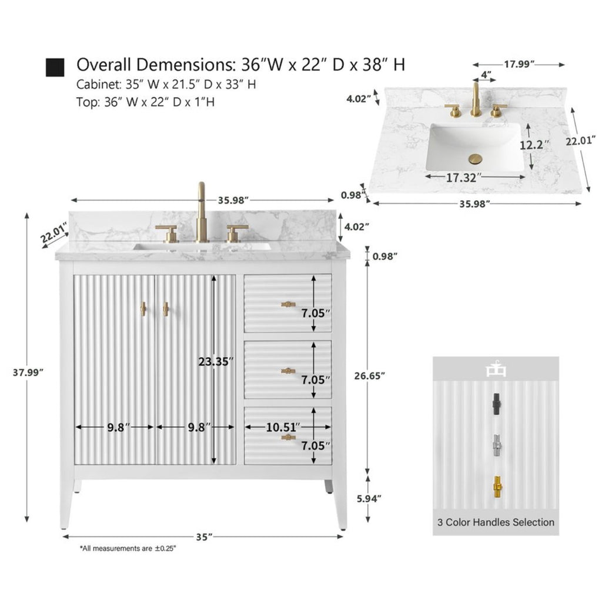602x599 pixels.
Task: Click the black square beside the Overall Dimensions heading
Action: (55, 68)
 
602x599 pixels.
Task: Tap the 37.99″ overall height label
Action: (28, 372)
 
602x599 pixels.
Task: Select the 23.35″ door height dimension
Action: (216, 361)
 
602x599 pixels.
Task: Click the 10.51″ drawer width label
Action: (283, 427)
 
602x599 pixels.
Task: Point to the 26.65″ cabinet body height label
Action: (369, 376)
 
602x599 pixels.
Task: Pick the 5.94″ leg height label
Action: (369, 499)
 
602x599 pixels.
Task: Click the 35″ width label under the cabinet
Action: (204, 537)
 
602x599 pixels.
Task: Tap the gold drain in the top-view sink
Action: (475, 159)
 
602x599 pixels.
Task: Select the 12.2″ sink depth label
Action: (534, 145)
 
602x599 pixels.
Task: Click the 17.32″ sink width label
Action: (463, 178)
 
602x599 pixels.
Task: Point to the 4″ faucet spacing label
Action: (486, 74)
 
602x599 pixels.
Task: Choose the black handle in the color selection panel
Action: (497, 404)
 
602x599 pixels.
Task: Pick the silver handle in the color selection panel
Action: (497, 445)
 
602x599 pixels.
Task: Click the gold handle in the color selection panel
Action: (497, 488)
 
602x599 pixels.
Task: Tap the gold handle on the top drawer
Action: (288, 304)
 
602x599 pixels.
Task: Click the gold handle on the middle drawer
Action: (288, 371)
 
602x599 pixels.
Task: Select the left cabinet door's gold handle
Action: (143, 309)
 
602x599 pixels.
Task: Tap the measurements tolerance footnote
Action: (128, 548)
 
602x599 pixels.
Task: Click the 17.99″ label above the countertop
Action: (519, 64)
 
